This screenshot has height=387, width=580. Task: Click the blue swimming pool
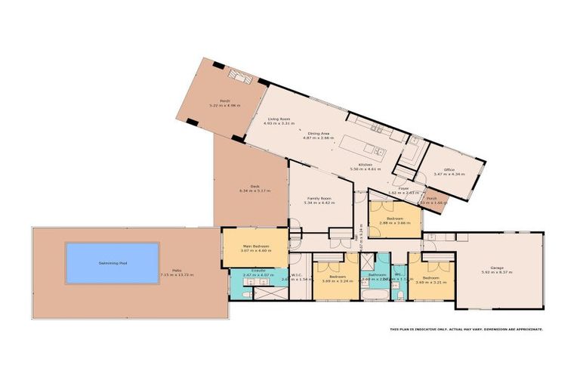point(112,262)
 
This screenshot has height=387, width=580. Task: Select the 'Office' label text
point(449,169)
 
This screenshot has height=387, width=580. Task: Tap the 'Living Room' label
point(280,119)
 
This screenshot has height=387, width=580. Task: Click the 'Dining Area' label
point(318,133)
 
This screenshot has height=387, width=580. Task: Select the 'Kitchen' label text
point(366,164)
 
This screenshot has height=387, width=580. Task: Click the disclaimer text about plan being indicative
point(466,330)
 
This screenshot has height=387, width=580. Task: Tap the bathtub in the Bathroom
point(374,296)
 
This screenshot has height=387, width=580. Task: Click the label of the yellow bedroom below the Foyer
point(393,219)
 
